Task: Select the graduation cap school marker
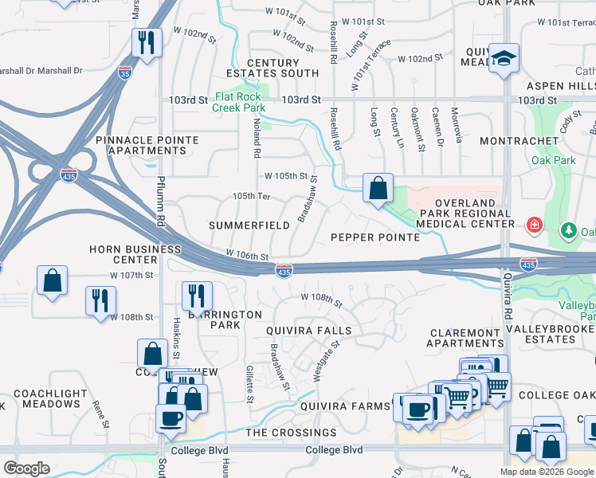click(504, 58)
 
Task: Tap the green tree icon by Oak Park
click(568, 231)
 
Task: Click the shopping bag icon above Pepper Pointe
click(378, 189)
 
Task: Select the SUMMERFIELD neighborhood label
click(249, 225)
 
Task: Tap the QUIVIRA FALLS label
click(309, 331)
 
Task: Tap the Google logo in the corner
click(26, 468)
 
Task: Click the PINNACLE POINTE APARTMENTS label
click(147, 145)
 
